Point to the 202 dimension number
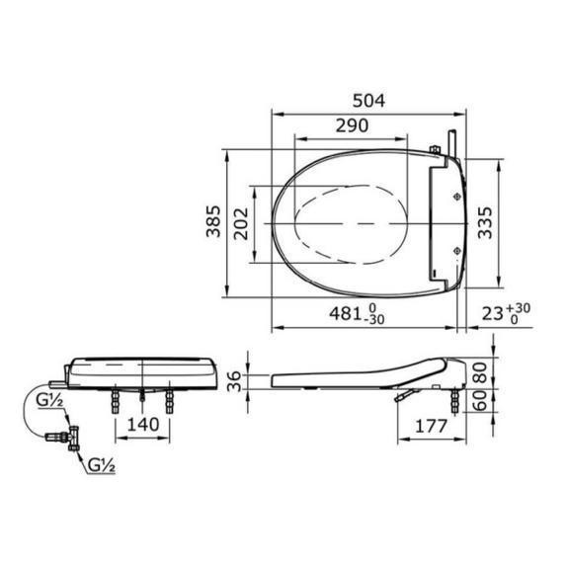pos(240,226)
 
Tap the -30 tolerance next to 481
pos(373,320)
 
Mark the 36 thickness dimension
pos(234,381)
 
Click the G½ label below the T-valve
pos(100,462)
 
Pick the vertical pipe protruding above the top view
pos(450,142)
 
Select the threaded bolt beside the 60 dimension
pos(456,399)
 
